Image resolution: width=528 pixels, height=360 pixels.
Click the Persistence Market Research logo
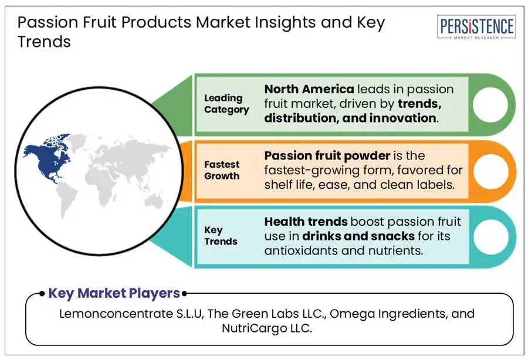[476, 27]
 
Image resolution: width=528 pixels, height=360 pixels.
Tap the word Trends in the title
[44, 42]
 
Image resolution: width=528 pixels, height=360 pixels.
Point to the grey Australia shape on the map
[154, 201]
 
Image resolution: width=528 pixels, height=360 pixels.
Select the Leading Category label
[226, 104]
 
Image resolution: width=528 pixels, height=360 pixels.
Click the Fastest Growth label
[222, 170]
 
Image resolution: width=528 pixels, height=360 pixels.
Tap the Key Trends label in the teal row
[221, 236]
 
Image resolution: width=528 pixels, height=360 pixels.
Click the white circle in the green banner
[490, 104]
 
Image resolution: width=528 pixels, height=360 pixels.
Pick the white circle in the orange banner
[490, 171]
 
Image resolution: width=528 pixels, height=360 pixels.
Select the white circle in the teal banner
[490, 236]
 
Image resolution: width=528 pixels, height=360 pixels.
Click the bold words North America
[309, 89]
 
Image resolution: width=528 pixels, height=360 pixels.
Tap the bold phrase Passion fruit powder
[327, 156]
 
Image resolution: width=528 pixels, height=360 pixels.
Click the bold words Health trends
[306, 222]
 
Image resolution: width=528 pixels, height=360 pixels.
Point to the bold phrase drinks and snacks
[358, 236]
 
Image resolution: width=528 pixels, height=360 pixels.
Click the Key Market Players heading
[114, 293]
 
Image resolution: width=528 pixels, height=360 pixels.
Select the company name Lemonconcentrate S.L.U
[131, 314]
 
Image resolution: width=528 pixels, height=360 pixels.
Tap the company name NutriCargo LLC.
[267, 328]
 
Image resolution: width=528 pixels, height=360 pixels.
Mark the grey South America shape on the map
[66, 200]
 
